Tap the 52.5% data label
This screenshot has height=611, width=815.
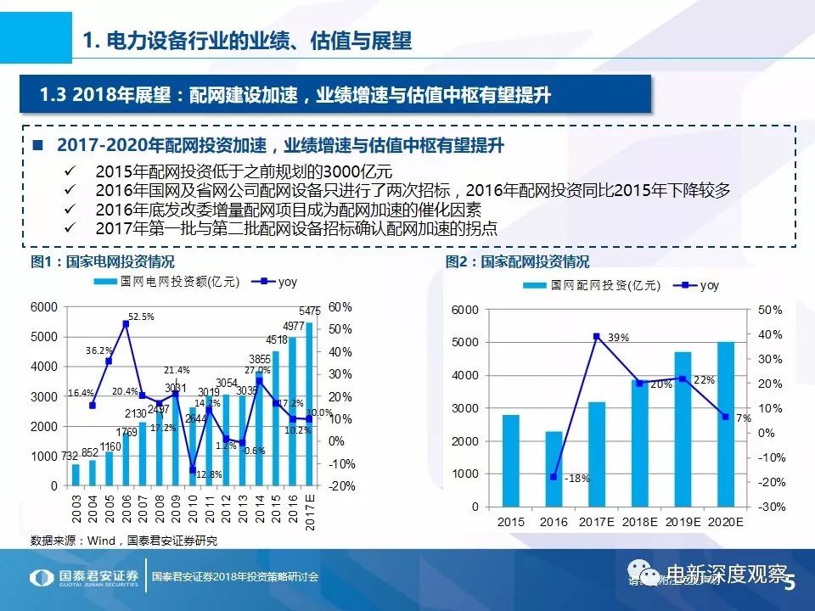tap(141, 317)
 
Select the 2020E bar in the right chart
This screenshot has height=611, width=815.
tap(725, 424)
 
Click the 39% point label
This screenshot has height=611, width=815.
tap(618, 338)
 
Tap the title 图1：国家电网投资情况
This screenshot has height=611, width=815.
tap(102, 262)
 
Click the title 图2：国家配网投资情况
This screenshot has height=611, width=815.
tap(517, 262)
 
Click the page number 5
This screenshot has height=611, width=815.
tap(791, 583)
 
